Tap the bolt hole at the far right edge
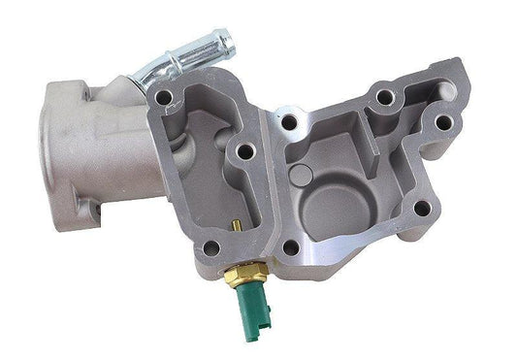[x=443, y=122]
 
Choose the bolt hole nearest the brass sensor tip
[x=210, y=247]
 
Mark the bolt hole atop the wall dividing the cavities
[x=287, y=123]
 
